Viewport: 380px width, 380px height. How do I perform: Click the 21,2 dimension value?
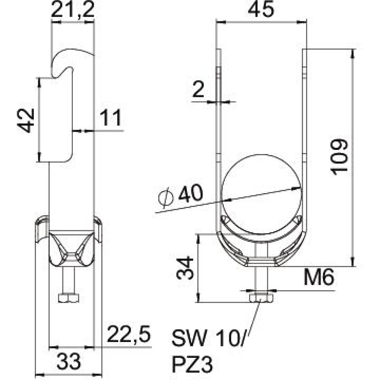tap(73, 11)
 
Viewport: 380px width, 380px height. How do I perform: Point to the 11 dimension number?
tap(111, 118)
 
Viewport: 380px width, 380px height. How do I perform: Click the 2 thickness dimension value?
tap(199, 91)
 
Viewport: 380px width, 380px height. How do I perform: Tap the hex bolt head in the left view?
tap(69, 299)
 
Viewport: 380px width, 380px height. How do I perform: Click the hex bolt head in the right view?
tap(262, 298)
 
